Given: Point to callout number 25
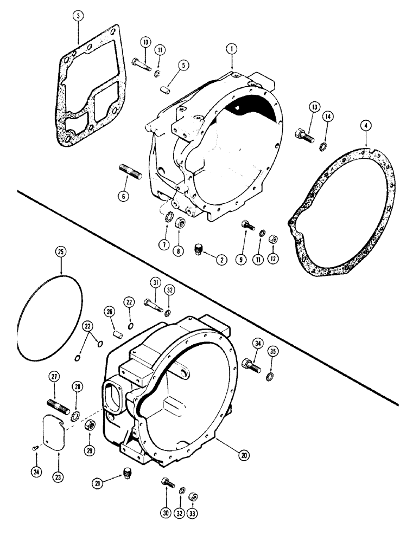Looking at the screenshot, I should pyautogui.click(x=61, y=252).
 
